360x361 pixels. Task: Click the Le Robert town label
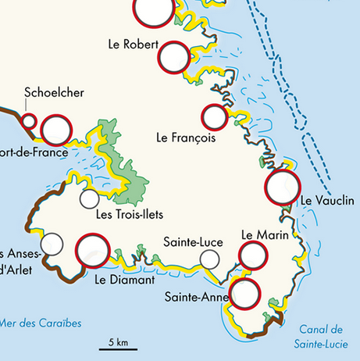tap(134, 45)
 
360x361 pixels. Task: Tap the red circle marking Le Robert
tap(174, 58)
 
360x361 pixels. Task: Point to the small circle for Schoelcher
tap(29, 121)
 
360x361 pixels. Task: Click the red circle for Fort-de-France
tap(56, 129)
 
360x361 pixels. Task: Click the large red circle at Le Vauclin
tap(283, 187)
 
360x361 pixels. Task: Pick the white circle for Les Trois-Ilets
tap(90, 199)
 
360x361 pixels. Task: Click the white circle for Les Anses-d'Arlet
tap(52, 244)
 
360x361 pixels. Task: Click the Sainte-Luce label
tap(188, 241)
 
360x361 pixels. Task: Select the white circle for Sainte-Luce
tap(209, 259)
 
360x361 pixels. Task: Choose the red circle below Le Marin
tap(254, 256)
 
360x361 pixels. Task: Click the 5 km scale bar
tap(119, 348)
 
